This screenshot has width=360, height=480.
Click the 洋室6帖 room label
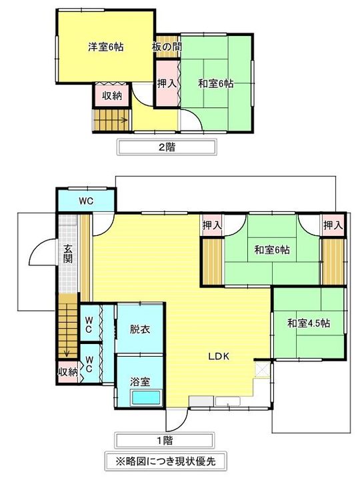[105, 47]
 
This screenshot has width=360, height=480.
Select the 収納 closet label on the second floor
[111, 96]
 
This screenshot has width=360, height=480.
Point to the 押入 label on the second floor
[167, 84]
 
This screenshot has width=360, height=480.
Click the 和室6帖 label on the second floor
[215, 84]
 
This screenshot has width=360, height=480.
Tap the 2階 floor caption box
[167, 147]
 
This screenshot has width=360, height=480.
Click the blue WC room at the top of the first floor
[85, 200]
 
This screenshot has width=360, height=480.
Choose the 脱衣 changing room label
[140, 329]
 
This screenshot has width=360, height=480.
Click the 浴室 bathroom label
[140, 381]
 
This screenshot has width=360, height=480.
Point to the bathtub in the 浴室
[147, 398]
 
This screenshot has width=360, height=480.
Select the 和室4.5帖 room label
[309, 323]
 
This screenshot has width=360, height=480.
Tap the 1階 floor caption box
[164, 440]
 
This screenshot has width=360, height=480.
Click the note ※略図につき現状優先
[164, 460]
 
